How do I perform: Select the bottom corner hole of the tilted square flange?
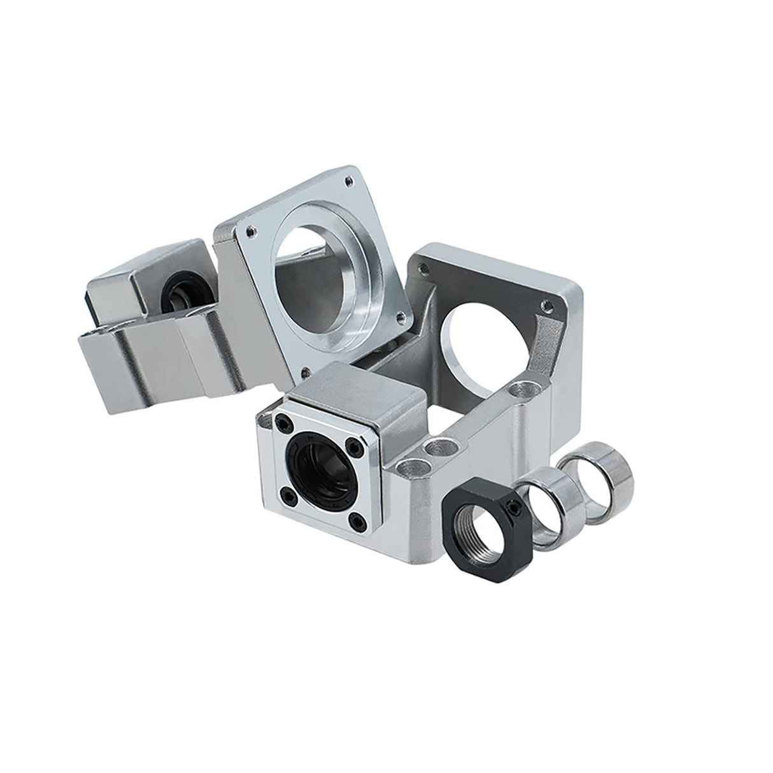[x=306, y=369]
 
